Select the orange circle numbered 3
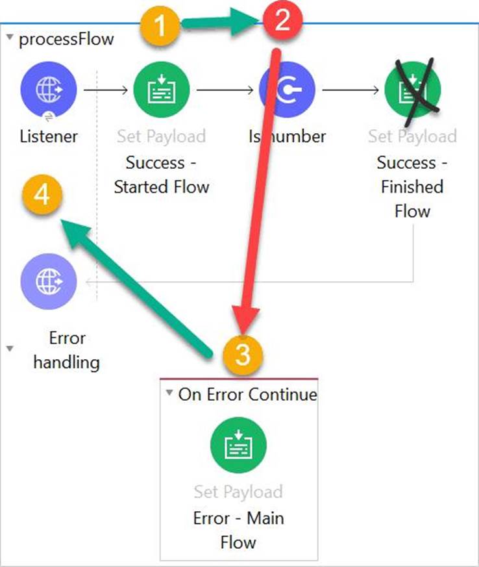click(x=241, y=356)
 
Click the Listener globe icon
click(x=49, y=89)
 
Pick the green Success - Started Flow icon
click(x=162, y=90)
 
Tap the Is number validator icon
click(x=287, y=90)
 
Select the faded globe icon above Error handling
click(x=49, y=281)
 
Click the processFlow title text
click(x=66, y=39)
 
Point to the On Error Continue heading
click(x=247, y=394)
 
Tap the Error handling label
click(x=67, y=350)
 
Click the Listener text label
click(x=49, y=136)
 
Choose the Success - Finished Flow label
click(x=411, y=186)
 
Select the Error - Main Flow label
click(x=238, y=530)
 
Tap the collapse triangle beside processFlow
click(x=10, y=38)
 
